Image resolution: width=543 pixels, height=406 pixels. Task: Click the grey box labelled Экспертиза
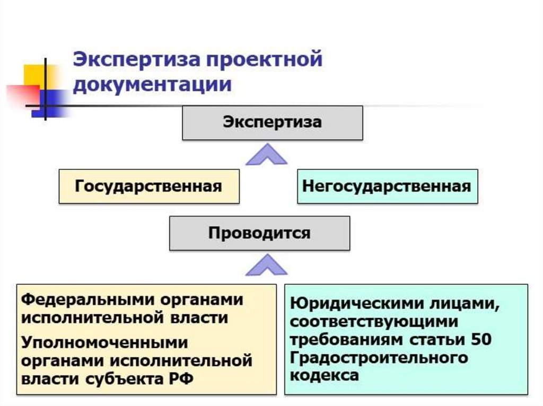pos(272,123)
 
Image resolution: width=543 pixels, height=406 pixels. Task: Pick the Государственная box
pos(148,186)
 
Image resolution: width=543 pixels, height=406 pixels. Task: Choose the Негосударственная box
pos(387,186)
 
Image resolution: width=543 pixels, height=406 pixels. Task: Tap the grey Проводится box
pos(259,233)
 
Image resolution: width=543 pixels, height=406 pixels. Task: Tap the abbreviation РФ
pos(183,380)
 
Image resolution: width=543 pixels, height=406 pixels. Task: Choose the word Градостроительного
pos(379,358)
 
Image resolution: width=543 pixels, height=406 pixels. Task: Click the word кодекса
pos(324,375)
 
